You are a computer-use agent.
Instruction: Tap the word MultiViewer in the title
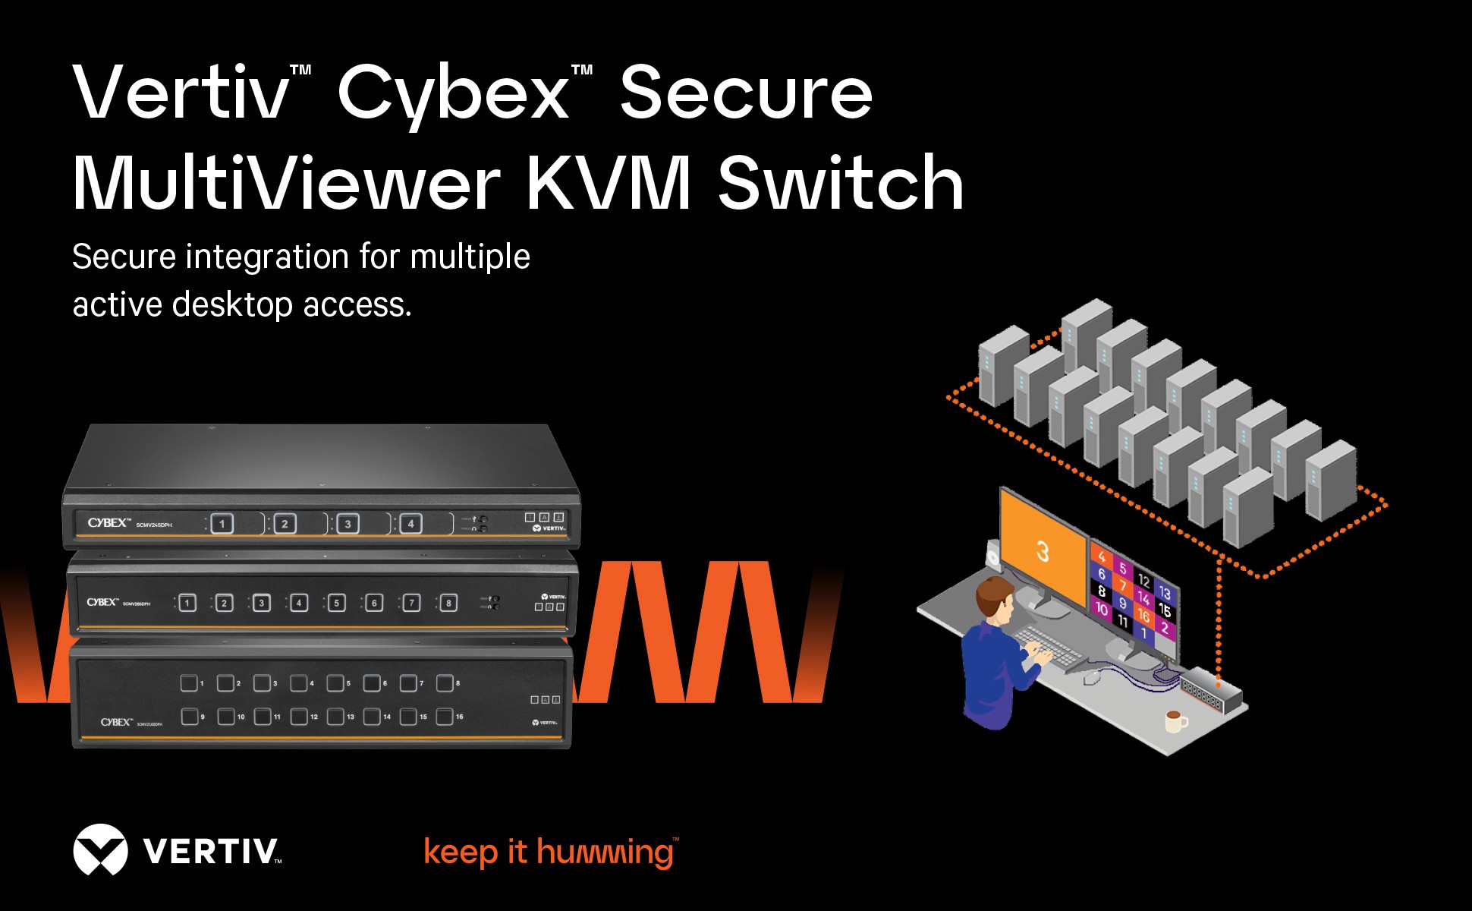point(285,184)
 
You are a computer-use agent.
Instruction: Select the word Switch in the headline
point(841,184)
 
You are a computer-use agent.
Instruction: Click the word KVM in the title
point(608,184)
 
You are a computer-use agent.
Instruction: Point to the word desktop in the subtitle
point(232,305)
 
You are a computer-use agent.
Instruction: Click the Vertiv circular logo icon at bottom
point(100,850)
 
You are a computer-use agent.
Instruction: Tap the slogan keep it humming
point(549,852)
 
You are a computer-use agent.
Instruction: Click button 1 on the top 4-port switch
point(222,524)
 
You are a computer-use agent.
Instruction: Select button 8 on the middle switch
point(448,604)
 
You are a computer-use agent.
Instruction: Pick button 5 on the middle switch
point(336,604)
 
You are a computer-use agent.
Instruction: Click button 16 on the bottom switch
point(445,716)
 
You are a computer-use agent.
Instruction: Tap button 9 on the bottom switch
point(189,716)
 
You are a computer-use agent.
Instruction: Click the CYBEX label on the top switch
point(108,523)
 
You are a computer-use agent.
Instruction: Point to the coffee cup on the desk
point(1175,720)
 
